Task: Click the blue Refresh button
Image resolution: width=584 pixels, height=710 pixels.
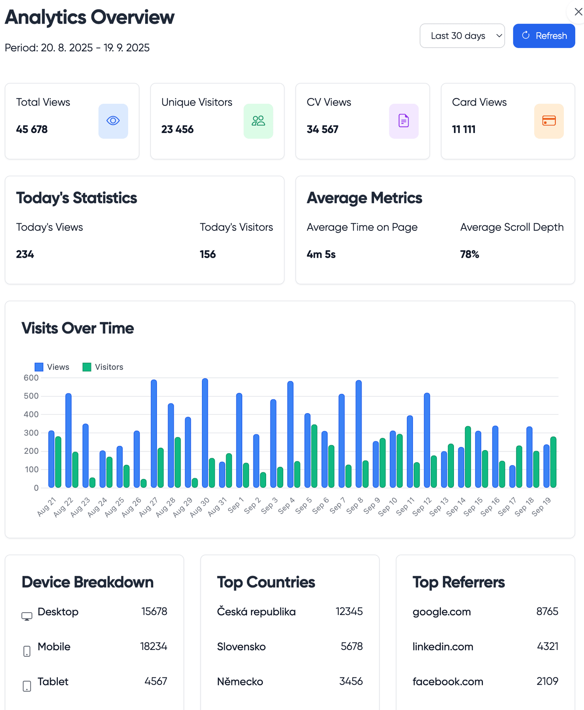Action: pyautogui.click(x=544, y=36)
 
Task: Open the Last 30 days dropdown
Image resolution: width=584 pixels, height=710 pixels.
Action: pyautogui.click(x=462, y=36)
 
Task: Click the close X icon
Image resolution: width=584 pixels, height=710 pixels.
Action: pyautogui.click(x=578, y=12)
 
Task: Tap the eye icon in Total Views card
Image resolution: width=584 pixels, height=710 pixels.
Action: pyautogui.click(x=113, y=121)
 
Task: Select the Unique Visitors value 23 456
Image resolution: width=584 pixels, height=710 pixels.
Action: pyautogui.click(x=177, y=129)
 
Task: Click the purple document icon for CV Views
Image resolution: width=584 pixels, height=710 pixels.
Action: pyautogui.click(x=403, y=121)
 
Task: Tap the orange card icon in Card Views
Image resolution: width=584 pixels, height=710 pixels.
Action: pyautogui.click(x=549, y=121)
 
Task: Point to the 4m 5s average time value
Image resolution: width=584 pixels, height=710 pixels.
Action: pyautogui.click(x=321, y=254)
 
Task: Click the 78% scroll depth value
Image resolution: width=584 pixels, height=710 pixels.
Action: pyautogui.click(x=469, y=254)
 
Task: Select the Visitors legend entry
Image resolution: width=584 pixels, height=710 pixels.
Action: pyautogui.click(x=103, y=367)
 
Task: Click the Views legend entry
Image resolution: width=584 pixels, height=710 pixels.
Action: pyautogui.click(x=52, y=367)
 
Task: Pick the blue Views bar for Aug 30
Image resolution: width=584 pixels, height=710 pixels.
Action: pyautogui.click(x=205, y=433)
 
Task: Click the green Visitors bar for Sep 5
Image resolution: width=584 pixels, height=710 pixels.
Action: pyautogui.click(x=314, y=456)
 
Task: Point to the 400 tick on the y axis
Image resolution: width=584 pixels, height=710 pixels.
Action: pyautogui.click(x=31, y=414)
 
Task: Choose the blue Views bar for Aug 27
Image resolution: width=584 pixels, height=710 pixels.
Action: pyautogui.click(x=154, y=433)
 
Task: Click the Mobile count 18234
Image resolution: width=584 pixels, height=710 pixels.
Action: pyautogui.click(x=154, y=647)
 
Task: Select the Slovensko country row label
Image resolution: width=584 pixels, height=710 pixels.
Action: pyautogui.click(x=241, y=647)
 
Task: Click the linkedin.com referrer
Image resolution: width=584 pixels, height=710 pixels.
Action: pyautogui.click(x=443, y=647)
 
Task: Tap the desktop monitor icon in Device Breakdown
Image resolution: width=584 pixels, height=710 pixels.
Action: pyautogui.click(x=27, y=616)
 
